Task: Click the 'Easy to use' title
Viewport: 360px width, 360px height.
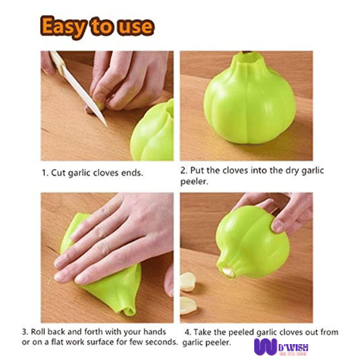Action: click(x=97, y=27)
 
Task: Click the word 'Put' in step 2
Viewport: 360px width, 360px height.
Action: click(x=199, y=171)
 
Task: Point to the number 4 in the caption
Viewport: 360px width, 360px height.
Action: click(x=186, y=332)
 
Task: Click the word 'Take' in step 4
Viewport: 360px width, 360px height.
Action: click(x=207, y=332)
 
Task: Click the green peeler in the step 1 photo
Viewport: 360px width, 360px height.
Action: click(x=153, y=133)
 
